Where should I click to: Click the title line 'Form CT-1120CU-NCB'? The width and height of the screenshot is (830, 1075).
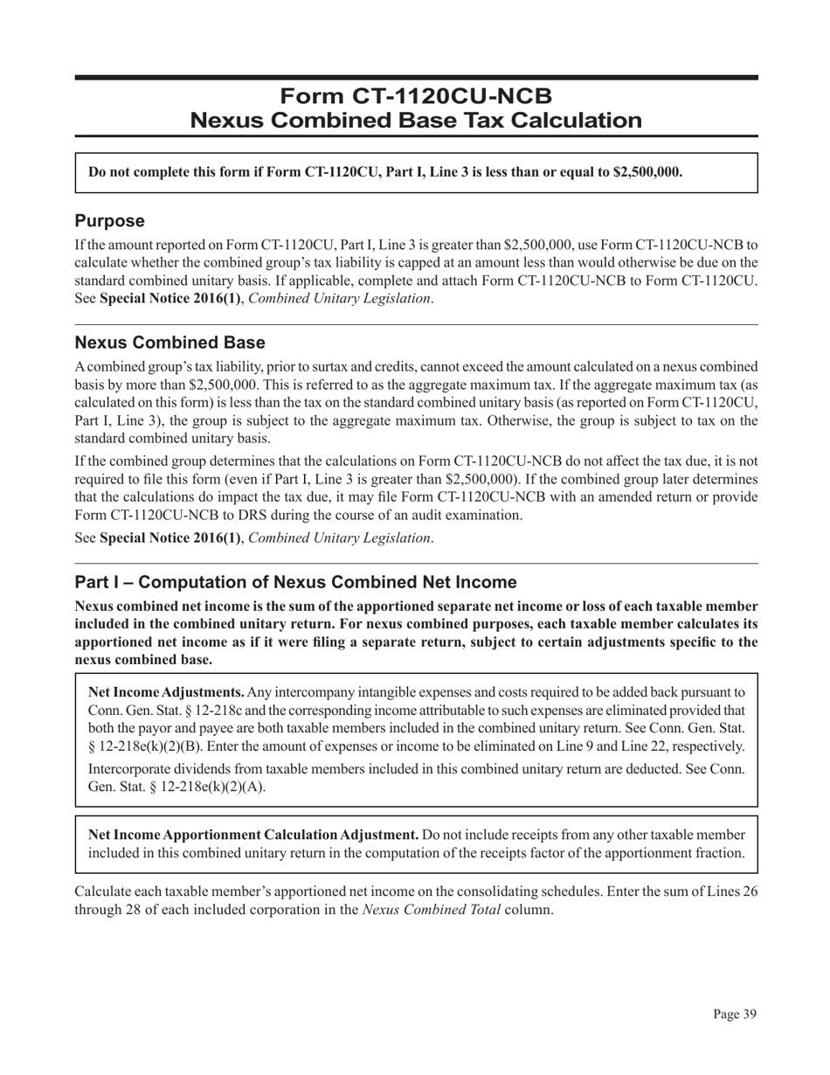click(416, 95)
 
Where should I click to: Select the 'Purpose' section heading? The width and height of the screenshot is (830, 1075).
click(109, 220)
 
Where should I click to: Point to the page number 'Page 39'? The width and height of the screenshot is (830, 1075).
click(734, 1015)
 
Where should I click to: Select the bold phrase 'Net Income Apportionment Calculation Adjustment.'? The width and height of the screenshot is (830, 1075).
click(253, 835)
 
